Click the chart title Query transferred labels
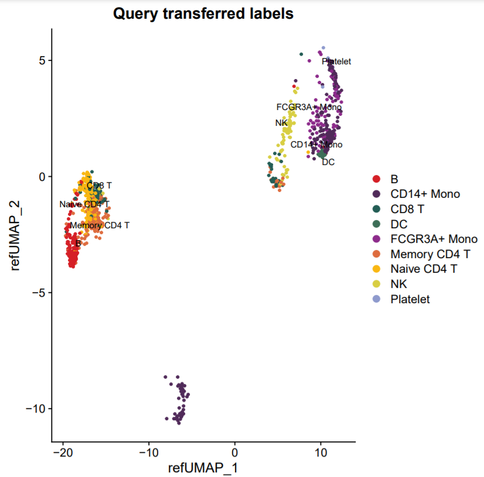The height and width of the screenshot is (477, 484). click(203, 14)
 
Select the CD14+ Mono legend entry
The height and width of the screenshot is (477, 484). click(425, 193)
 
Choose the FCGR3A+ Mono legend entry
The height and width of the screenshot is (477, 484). click(434, 239)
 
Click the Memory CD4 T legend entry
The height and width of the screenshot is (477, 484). click(430, 254)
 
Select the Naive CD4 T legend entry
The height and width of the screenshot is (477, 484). click(423, 269)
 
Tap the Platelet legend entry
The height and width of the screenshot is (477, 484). click(410, 300)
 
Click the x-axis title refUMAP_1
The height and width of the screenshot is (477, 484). click(203, 468)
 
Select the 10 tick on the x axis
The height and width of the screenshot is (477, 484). click(321, 452)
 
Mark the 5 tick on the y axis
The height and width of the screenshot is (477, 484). click(42, 60)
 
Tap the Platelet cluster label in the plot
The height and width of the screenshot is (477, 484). click(336, 61)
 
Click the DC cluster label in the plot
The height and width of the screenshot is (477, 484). click(328, 162)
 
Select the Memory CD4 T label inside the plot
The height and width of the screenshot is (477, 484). click(100, 225)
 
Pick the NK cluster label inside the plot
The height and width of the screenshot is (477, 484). click(281, 123)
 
